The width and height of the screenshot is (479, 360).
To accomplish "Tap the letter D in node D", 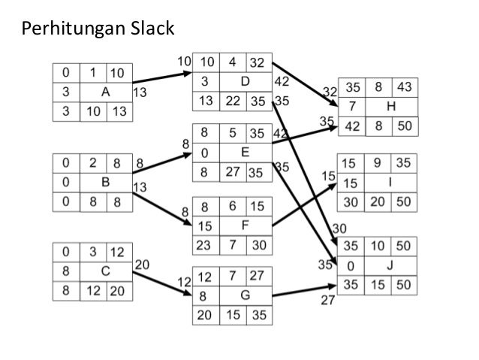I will pos(243,80).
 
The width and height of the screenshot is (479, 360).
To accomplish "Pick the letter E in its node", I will pos(244,152).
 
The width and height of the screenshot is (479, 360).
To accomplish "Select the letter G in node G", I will pos(244,295).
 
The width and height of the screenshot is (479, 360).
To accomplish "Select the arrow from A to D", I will pos(162,77).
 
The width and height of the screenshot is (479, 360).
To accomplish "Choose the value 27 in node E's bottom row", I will pos(233,171).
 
